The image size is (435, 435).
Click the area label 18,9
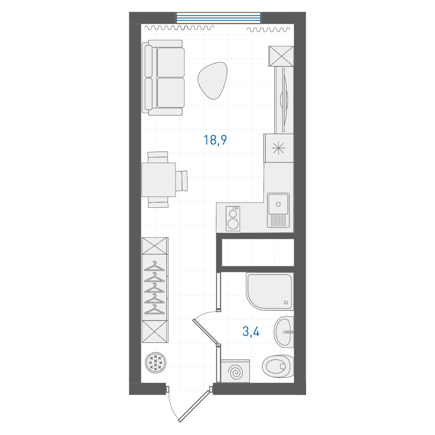point(215,140)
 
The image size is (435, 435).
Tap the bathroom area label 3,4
point(251,331)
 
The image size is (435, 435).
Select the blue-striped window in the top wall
point(219,17)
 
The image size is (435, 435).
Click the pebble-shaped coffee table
point(213,81)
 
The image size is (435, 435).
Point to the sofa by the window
point(163,78)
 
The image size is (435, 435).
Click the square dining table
point(159,180)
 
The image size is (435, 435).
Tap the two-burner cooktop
point(233,219)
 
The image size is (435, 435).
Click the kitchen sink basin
point(278,204)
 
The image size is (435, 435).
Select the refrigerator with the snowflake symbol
point(279,148)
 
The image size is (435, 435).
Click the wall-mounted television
point(284,100)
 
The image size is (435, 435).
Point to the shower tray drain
point(286,302)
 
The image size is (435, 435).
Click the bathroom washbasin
point(284,332)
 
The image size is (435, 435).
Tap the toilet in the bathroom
point(278,367)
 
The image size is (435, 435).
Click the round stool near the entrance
point(155,362)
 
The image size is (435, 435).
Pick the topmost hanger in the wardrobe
point(155,266)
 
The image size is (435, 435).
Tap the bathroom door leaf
point(206,331)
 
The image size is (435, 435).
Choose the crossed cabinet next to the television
point(281,56)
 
